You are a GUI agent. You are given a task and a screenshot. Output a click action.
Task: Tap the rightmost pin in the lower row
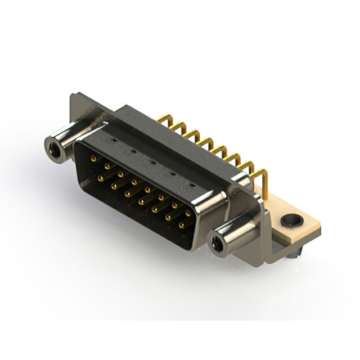pyautogui.click(x=181, y=225)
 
